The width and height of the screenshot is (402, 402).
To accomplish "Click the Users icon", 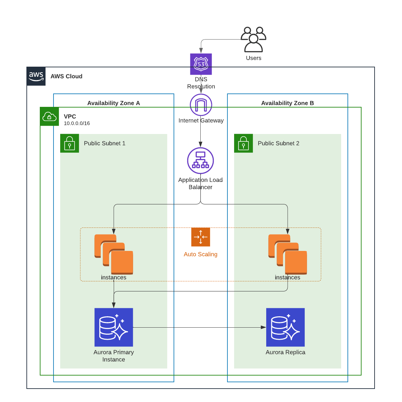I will [x=254, y=40].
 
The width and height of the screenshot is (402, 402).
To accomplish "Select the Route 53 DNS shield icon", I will [x=201, y=64].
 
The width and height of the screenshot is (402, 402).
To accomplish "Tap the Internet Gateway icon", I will [x=201, y=105].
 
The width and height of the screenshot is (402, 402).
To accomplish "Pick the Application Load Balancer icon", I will [x=200, y=161].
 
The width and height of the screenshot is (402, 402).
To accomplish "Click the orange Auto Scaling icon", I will [x=201, y=237].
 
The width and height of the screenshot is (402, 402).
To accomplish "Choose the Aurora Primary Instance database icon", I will [x=114, y=327].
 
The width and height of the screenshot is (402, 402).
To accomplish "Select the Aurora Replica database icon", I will [x=285, y=327].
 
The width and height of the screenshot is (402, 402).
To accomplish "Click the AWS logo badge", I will [x=36, y=76].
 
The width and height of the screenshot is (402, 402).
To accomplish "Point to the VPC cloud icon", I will [x=49, y=117].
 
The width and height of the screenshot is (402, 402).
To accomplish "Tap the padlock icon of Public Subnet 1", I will [x=70, y=143].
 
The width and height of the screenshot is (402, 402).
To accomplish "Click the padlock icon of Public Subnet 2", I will [x=243, y=143].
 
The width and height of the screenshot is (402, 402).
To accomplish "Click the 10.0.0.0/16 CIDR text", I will [x=77, y=123].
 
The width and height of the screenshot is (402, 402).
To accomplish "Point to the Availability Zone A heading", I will [x=114, y=103].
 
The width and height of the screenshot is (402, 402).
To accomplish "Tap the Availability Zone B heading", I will [x=288, y=103].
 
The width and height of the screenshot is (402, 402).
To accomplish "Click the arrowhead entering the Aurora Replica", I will [x=264, y=327].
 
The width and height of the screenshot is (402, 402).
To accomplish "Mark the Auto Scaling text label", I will [x=201, y=254].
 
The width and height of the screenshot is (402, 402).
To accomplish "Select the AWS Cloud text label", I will [x=67, y=76].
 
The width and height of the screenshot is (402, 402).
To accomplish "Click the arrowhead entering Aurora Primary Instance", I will [x=114, y=305].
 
